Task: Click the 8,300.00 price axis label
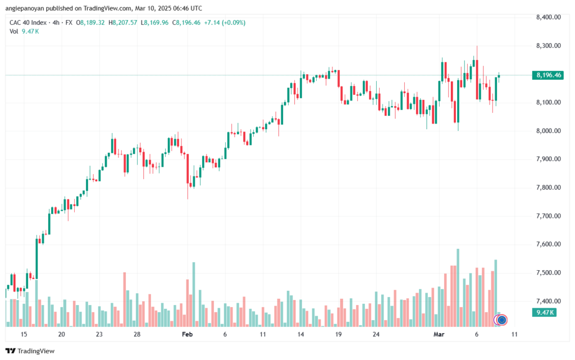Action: click(548, 46)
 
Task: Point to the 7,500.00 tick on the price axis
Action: click(548, 273)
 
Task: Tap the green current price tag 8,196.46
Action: click(548, 75)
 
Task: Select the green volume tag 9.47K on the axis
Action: click(545, 312)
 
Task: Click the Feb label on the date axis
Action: click(187, 334)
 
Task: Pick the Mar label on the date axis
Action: click(439, 334)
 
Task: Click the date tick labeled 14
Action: click(301, 334)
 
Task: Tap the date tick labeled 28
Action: click(137, 334)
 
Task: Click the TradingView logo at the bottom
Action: click(30, 351)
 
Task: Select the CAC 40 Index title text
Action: click(28, 22)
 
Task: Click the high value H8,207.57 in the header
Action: click(123, 22)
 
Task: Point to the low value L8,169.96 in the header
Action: click(154, 22)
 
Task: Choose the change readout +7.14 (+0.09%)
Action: click(225, 22)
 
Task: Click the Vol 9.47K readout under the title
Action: click(24, 31)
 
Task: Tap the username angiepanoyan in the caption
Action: click(25, 8)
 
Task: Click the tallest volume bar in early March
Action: click(458, 288)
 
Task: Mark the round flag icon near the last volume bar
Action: click(502, 320)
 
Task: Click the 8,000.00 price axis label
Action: click(548, 131)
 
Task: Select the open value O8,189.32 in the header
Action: click(90, 22)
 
